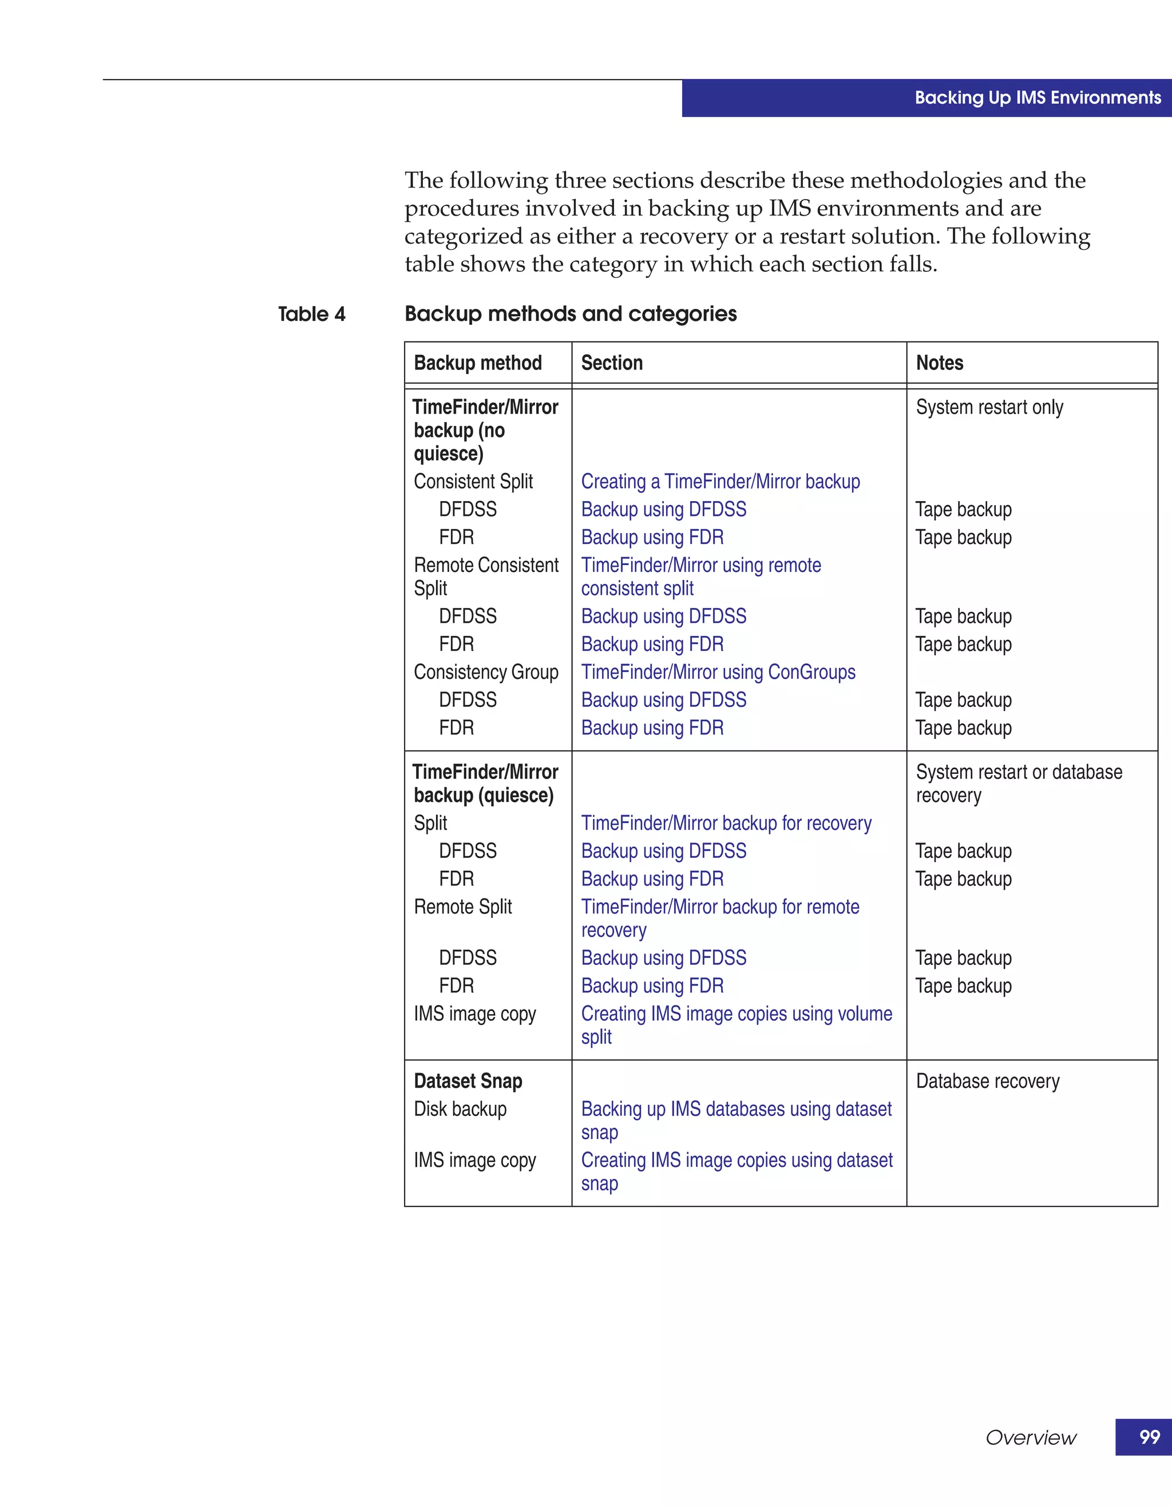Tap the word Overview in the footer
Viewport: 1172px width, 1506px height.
click(x=1030, y=1438)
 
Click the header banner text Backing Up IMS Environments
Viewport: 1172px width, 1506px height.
click(x=1038, y=98)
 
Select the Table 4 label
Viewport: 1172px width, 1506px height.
click(x=311, y=315)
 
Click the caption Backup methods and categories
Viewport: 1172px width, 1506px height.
click(x=570, y=314)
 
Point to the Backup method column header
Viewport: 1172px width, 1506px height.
click(x=477, y=363)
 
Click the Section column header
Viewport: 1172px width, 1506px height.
click(x=611, y=363)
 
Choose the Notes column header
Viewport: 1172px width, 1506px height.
click(x=939, y=363)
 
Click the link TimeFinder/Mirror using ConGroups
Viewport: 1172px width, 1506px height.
click(x=718, y=671)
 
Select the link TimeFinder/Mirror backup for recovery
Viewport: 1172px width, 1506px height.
click(x=726, y=822)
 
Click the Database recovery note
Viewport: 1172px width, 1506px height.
click(x=987, y=1080)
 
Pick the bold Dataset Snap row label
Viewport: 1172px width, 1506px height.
click(x=468, y=1080)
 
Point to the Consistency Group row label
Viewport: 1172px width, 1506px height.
click(x=486, y=671)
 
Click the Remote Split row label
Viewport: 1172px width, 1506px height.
click(x=462, y=906)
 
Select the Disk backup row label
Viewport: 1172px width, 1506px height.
click(x=460, y=1109)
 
